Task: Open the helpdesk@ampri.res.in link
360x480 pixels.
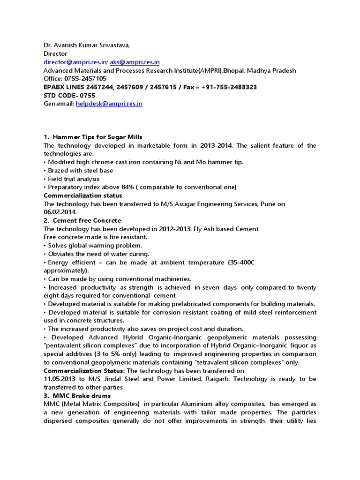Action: (x=109, y=104)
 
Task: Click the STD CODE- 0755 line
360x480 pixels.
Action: (x=69, y=96)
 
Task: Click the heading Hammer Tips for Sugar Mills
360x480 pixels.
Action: (x=94, y=137)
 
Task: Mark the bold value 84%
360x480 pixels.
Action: (x=127, y=187)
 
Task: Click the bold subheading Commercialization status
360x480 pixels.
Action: (x=82, y=195)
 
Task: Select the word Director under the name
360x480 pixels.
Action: (x=55, y=54)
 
